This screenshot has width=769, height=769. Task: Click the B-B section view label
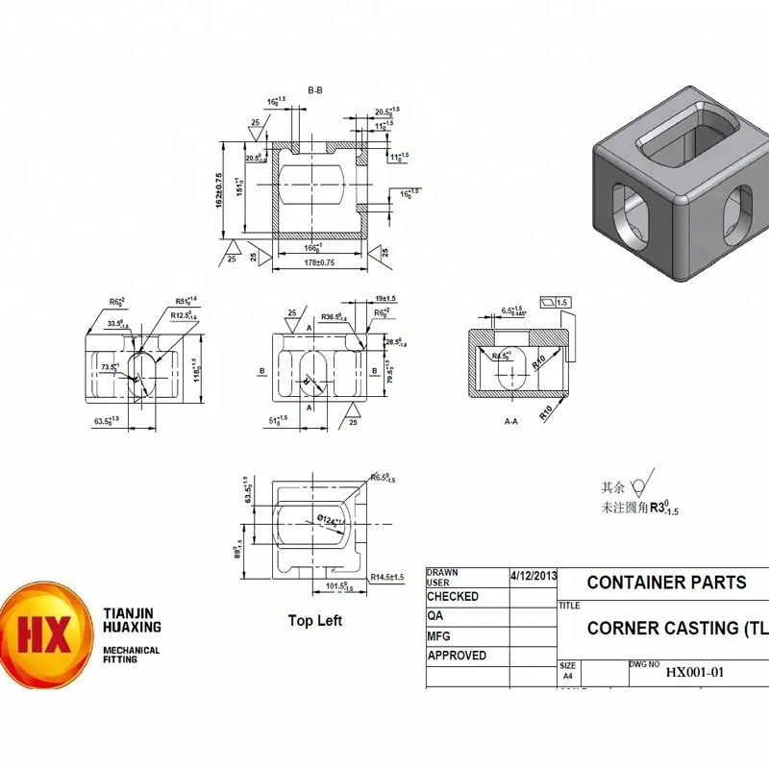point(314,90)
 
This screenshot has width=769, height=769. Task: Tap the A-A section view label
point(511,421)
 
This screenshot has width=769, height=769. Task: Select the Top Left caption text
point(314,621)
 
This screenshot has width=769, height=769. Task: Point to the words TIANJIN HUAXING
point(132,619)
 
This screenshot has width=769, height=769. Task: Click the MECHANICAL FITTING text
point(132,656)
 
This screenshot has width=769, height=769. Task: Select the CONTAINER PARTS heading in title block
point(665,583)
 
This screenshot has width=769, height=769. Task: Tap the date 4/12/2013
point(533,574)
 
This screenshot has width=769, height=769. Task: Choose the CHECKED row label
point(453,597)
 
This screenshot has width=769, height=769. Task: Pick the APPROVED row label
point(457,656)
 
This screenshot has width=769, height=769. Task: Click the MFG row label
point(438,636)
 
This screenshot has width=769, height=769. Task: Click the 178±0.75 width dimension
point(318,261)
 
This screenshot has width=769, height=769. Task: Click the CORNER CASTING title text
point(677,629)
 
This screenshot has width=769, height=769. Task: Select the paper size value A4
point(567,676)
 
